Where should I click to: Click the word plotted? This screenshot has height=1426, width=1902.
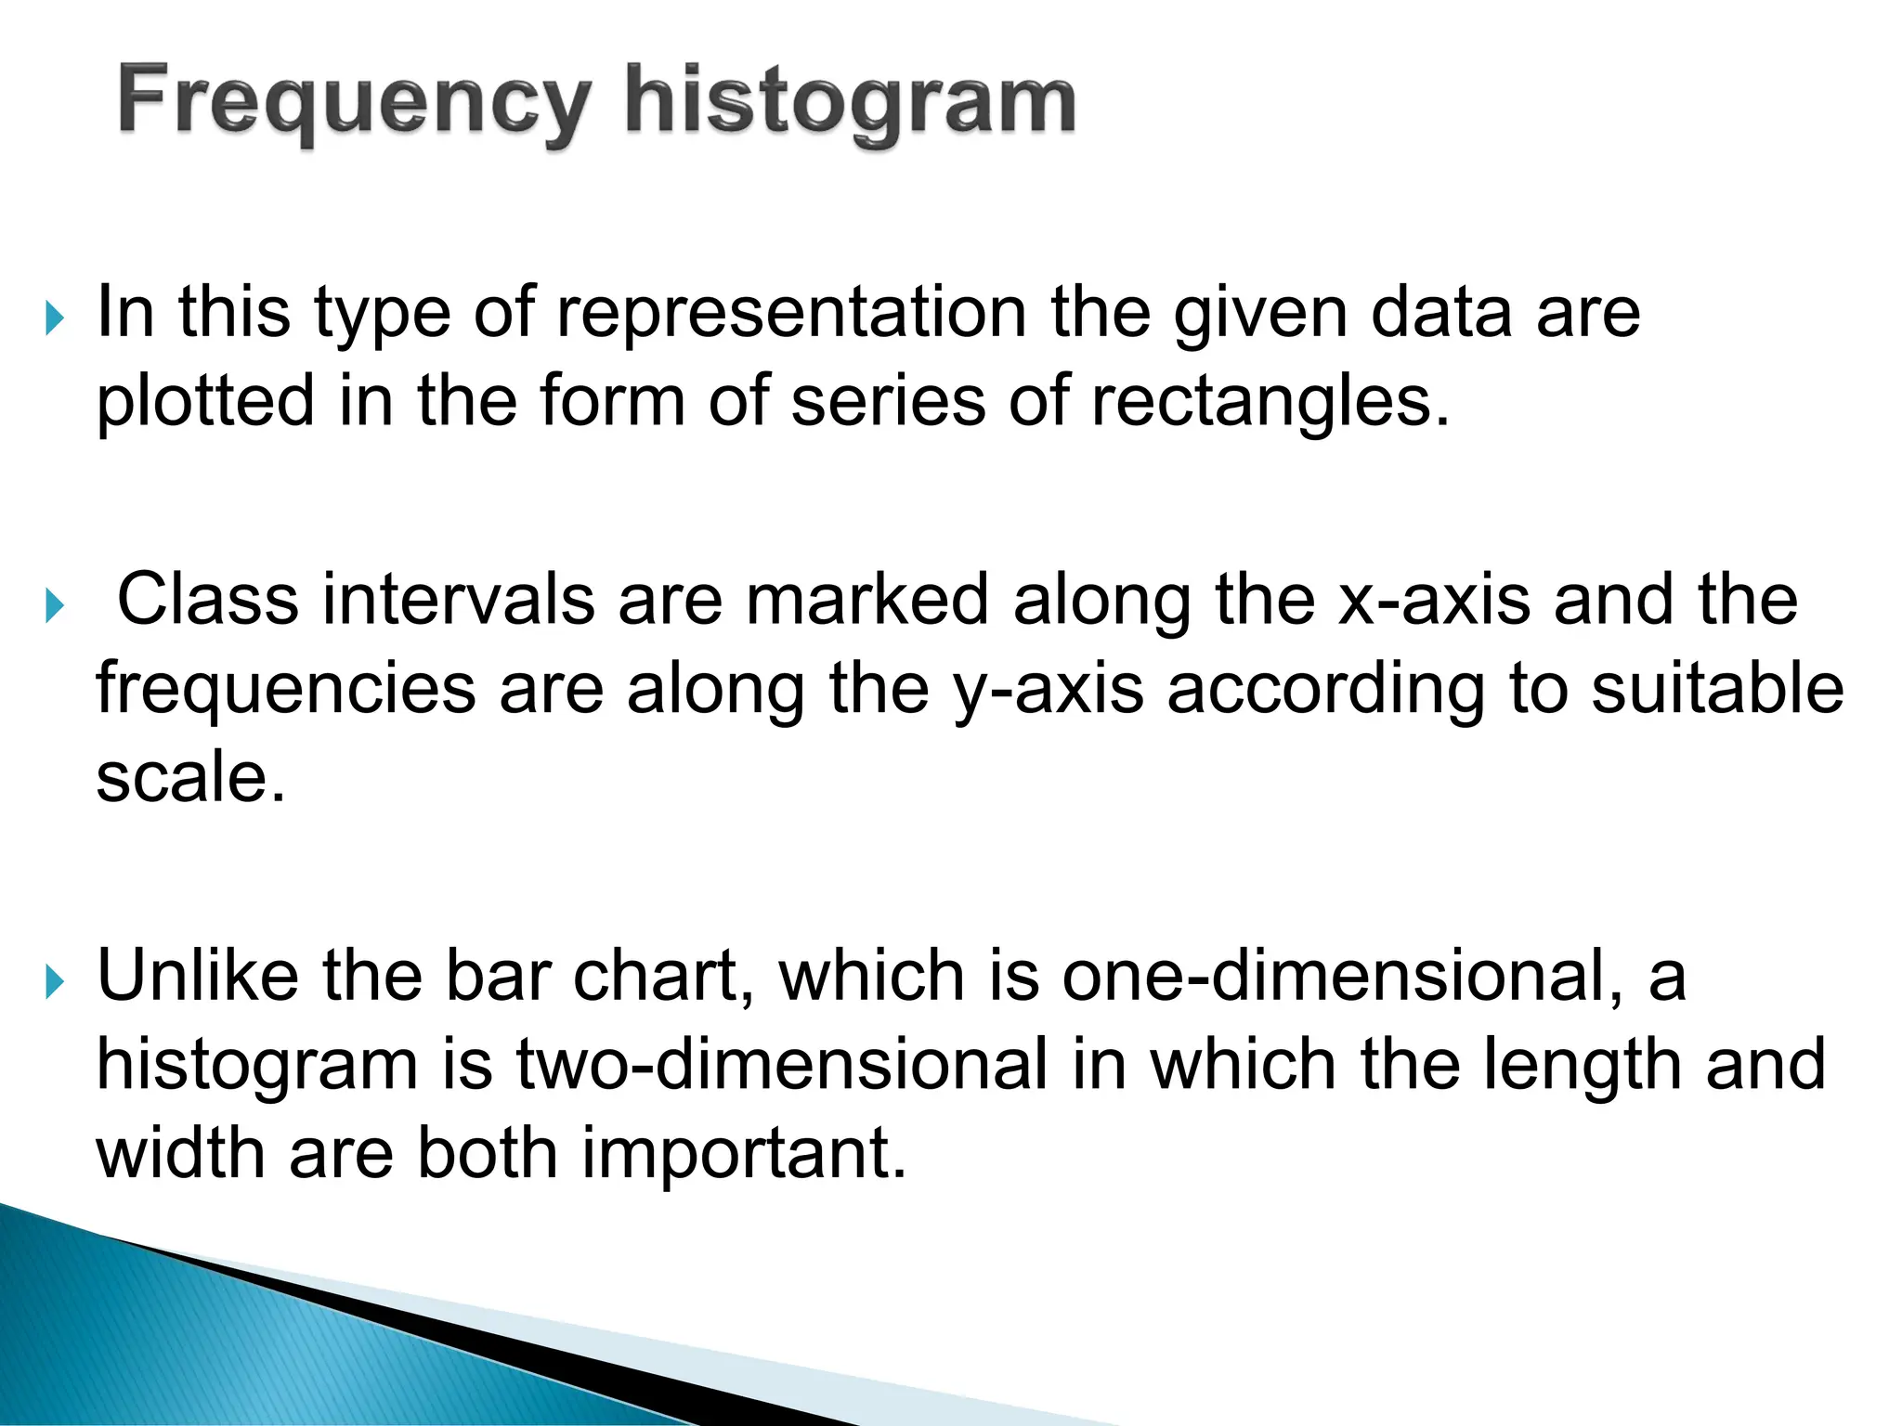pos(205,401)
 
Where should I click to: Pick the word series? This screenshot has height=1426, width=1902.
pos(888,401)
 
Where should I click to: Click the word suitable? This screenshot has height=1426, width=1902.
pos(1717,689)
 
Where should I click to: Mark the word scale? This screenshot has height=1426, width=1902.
pos(190,777)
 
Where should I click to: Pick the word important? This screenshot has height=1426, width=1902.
pos(744,1153)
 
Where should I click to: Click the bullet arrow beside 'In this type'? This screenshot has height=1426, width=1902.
pos(55,319)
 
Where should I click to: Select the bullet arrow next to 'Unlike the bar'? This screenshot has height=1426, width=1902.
pos(55,982)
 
